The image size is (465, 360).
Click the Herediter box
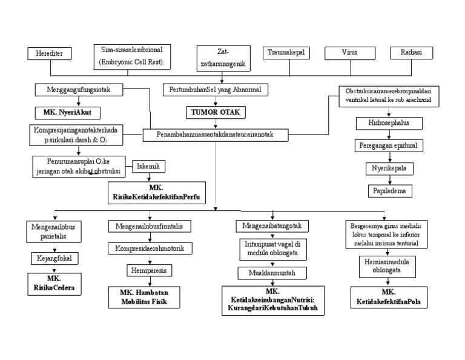pyautogui.click(x=50, y=53)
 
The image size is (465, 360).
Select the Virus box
pyautogui.click(x=349, y=53)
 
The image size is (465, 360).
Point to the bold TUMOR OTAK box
pyautogui.click(x=213, y=112)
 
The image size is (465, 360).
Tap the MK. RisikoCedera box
pyautogui.click(x=54, y=284)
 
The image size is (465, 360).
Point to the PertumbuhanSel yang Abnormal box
pyautogui.click(x=213, y=89)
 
